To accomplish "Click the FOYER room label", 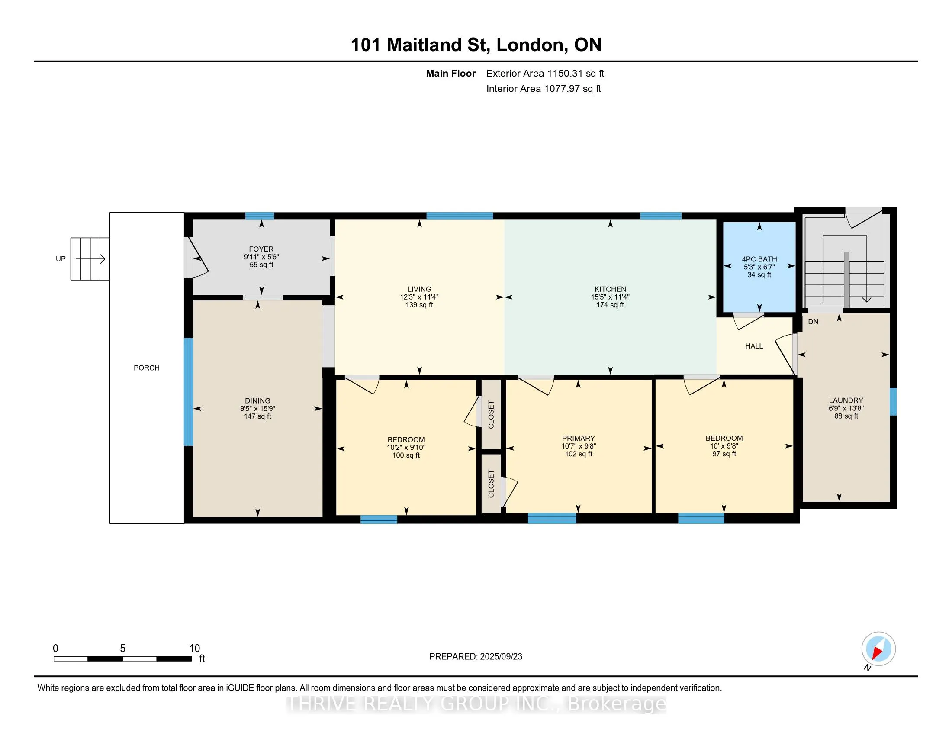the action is pyautogui.click(x=261, y=249).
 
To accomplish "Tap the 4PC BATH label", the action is pyautogui.click(x=759, y=259).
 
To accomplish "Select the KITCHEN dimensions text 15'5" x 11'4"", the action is pyautogui.click(x=610, y=297).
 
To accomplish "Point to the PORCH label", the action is pyautogui.click(x=146, y=368).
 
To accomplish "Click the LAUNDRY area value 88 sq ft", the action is pyautogui.click(x=846, y=416).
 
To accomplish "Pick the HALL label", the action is pyautogui.click(x=754, y=346).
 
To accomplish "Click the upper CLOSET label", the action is pyautogui.click(x=491, y=414).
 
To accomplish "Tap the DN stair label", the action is pyautogui.click(x=813, y=322).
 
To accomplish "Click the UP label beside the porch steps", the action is pyautogui.click(x=61, y=259).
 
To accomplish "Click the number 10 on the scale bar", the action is pyautogui.click(x=194, y=649).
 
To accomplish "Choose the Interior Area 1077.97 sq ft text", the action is pyautogui.click(x=544, y=89).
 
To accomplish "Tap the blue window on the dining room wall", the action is pyautogui.click(x=188, y=392).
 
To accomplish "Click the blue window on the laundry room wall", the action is pyautogui.click(x=893, y=402).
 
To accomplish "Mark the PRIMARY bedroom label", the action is pyautogui.click(x=579, y=438).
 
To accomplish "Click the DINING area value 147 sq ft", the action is pyautogui.click(x=257, y=416).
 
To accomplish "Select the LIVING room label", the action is pyautogui.click(x=419, y=289).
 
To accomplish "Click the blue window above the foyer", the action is pyautogui.click(x=260, y=216).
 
